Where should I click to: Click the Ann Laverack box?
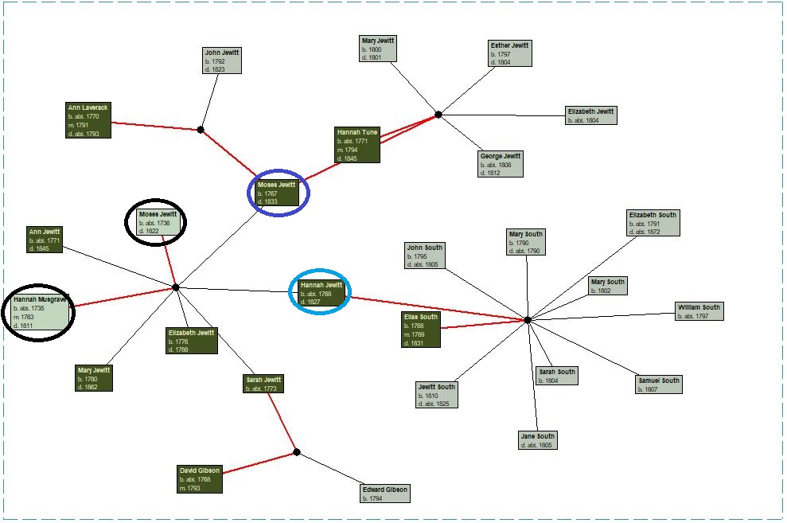pos(88,120)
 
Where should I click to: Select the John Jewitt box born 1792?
pos(222,60)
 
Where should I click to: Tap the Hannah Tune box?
pos(357,145)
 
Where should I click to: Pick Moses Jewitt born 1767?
pos(277,193)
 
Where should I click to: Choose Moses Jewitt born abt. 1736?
pos(158,222)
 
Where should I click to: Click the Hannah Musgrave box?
pos(40,312)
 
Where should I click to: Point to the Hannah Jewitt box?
pos(321,293)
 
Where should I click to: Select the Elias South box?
pos(421,330)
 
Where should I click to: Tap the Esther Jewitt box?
pos(510,53)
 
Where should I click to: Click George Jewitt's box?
pos(501,164)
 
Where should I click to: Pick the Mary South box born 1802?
pos(608,286)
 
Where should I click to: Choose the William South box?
pos(699,312)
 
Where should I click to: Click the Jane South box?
pos(538,441)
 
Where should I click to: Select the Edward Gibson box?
pos(385,494)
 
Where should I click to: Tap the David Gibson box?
pos(200,479)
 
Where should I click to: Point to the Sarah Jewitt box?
pos(263,384)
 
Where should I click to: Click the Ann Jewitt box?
pos(45,240)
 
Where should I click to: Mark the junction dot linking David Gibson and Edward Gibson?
pos(297,452)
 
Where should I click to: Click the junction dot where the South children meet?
pos(528,320)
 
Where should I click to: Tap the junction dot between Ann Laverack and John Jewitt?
pos(201,130)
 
